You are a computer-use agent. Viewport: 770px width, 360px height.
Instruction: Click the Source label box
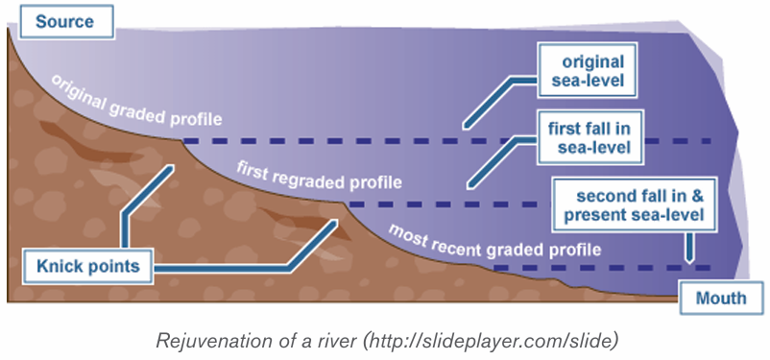tap(66, 22)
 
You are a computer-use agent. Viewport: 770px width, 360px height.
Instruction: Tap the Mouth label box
tap(721, 298)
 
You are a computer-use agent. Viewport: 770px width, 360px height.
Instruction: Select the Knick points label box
tap(88, 267)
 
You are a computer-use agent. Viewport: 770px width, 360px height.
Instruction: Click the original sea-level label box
tap(588, 70)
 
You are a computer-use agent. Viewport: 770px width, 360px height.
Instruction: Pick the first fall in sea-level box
tap(590, 137)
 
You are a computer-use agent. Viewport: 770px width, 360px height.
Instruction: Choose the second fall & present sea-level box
tap(635, 205)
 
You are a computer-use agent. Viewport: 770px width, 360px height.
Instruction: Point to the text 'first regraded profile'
tap(319, 176)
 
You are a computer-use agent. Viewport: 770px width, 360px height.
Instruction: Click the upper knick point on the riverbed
tap(181, 140)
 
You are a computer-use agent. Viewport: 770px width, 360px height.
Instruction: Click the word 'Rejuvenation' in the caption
tap(206, 342)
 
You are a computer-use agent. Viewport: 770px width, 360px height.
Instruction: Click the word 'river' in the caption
tap(336, 342)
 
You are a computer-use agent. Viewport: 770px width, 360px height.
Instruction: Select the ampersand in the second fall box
tap(698, 196)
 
